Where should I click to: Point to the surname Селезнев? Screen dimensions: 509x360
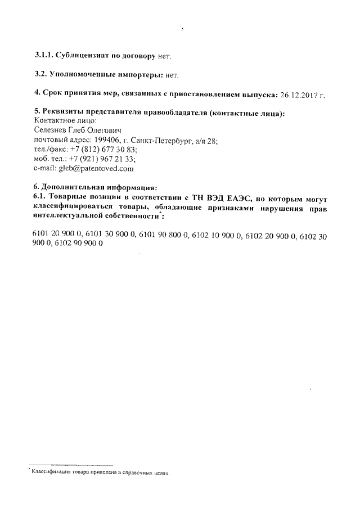(x=52, y=130)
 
